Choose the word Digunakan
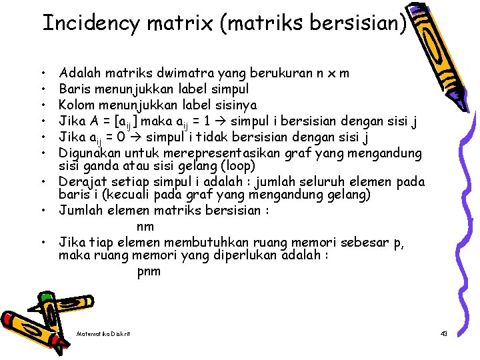click(89, 153)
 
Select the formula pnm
click(148, 271)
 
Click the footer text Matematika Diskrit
click(103, 333)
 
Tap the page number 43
click(443, 333)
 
